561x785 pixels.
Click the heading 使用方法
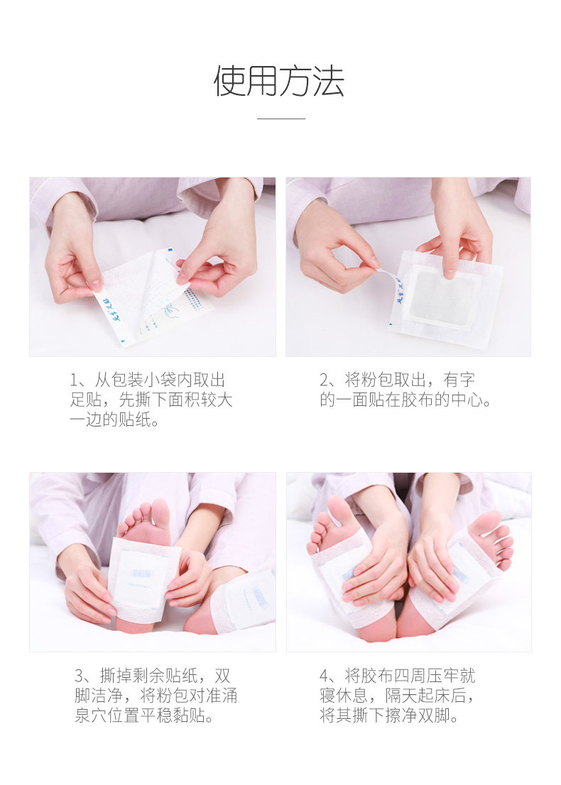(280, 81)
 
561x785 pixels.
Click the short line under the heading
(281, 119)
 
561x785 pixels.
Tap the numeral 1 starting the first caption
(74, 380)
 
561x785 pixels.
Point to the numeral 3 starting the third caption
(80, 676)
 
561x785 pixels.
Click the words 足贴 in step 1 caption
(86, 400)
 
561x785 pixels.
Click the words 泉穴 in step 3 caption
(91, 715)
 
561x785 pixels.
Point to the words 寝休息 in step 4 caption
(344, 696)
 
